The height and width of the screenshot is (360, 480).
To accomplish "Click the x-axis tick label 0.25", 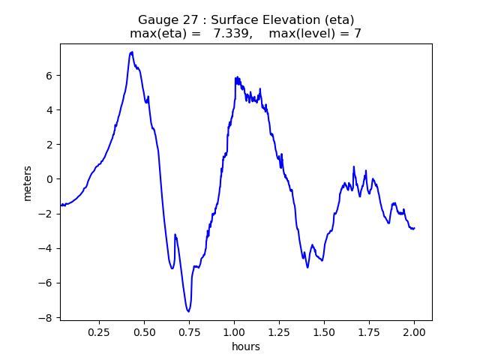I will [x=99, y=331].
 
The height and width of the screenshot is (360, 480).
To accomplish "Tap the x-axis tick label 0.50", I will [x=144, y=331].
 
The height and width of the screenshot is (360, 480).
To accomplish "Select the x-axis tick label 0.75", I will [x=189, y=331].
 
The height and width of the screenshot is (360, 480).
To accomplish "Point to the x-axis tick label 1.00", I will [x=234, y=331].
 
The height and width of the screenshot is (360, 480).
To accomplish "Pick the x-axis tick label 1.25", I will [x=279, y=331].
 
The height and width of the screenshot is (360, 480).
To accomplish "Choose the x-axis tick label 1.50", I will [x=324, y=331].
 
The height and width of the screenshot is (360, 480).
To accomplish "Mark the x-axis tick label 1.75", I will [x=369, y=331].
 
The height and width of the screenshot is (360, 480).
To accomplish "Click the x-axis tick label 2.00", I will [x=414, y=331].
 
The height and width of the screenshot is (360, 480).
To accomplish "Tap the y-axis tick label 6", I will [x=50, y=75].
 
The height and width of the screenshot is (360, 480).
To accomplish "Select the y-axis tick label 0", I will [x=50, y=179].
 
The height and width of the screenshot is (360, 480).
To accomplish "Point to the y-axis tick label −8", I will [x=47, y=318].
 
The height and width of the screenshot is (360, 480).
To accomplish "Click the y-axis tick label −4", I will [x=47, y=248].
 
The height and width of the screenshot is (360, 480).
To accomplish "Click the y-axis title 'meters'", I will [x=28, y=182].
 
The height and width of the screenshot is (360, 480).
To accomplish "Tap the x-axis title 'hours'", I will [x=246, y=346].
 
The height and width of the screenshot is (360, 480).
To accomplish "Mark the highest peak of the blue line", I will [x=131, y=52].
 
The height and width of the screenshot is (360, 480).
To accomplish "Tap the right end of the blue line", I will [x=415, y=228].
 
